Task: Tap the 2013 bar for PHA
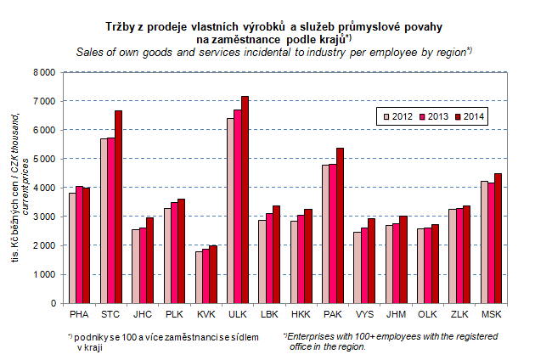pos(80,245)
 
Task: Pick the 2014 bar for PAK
pos(341,225)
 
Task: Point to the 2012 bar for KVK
pos(199,277)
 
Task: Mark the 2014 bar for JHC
pos(150,260)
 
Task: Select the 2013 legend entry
pos(431,116)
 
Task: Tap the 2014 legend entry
pos(469,116)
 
